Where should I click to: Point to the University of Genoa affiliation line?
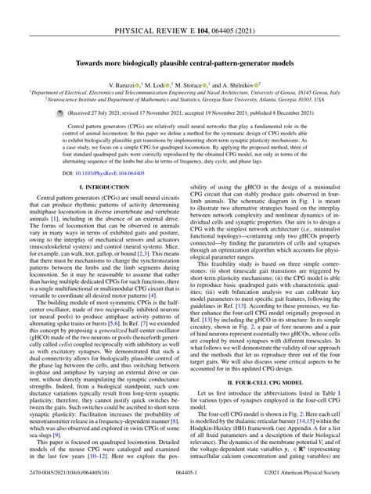185,91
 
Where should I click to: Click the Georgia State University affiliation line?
185,100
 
